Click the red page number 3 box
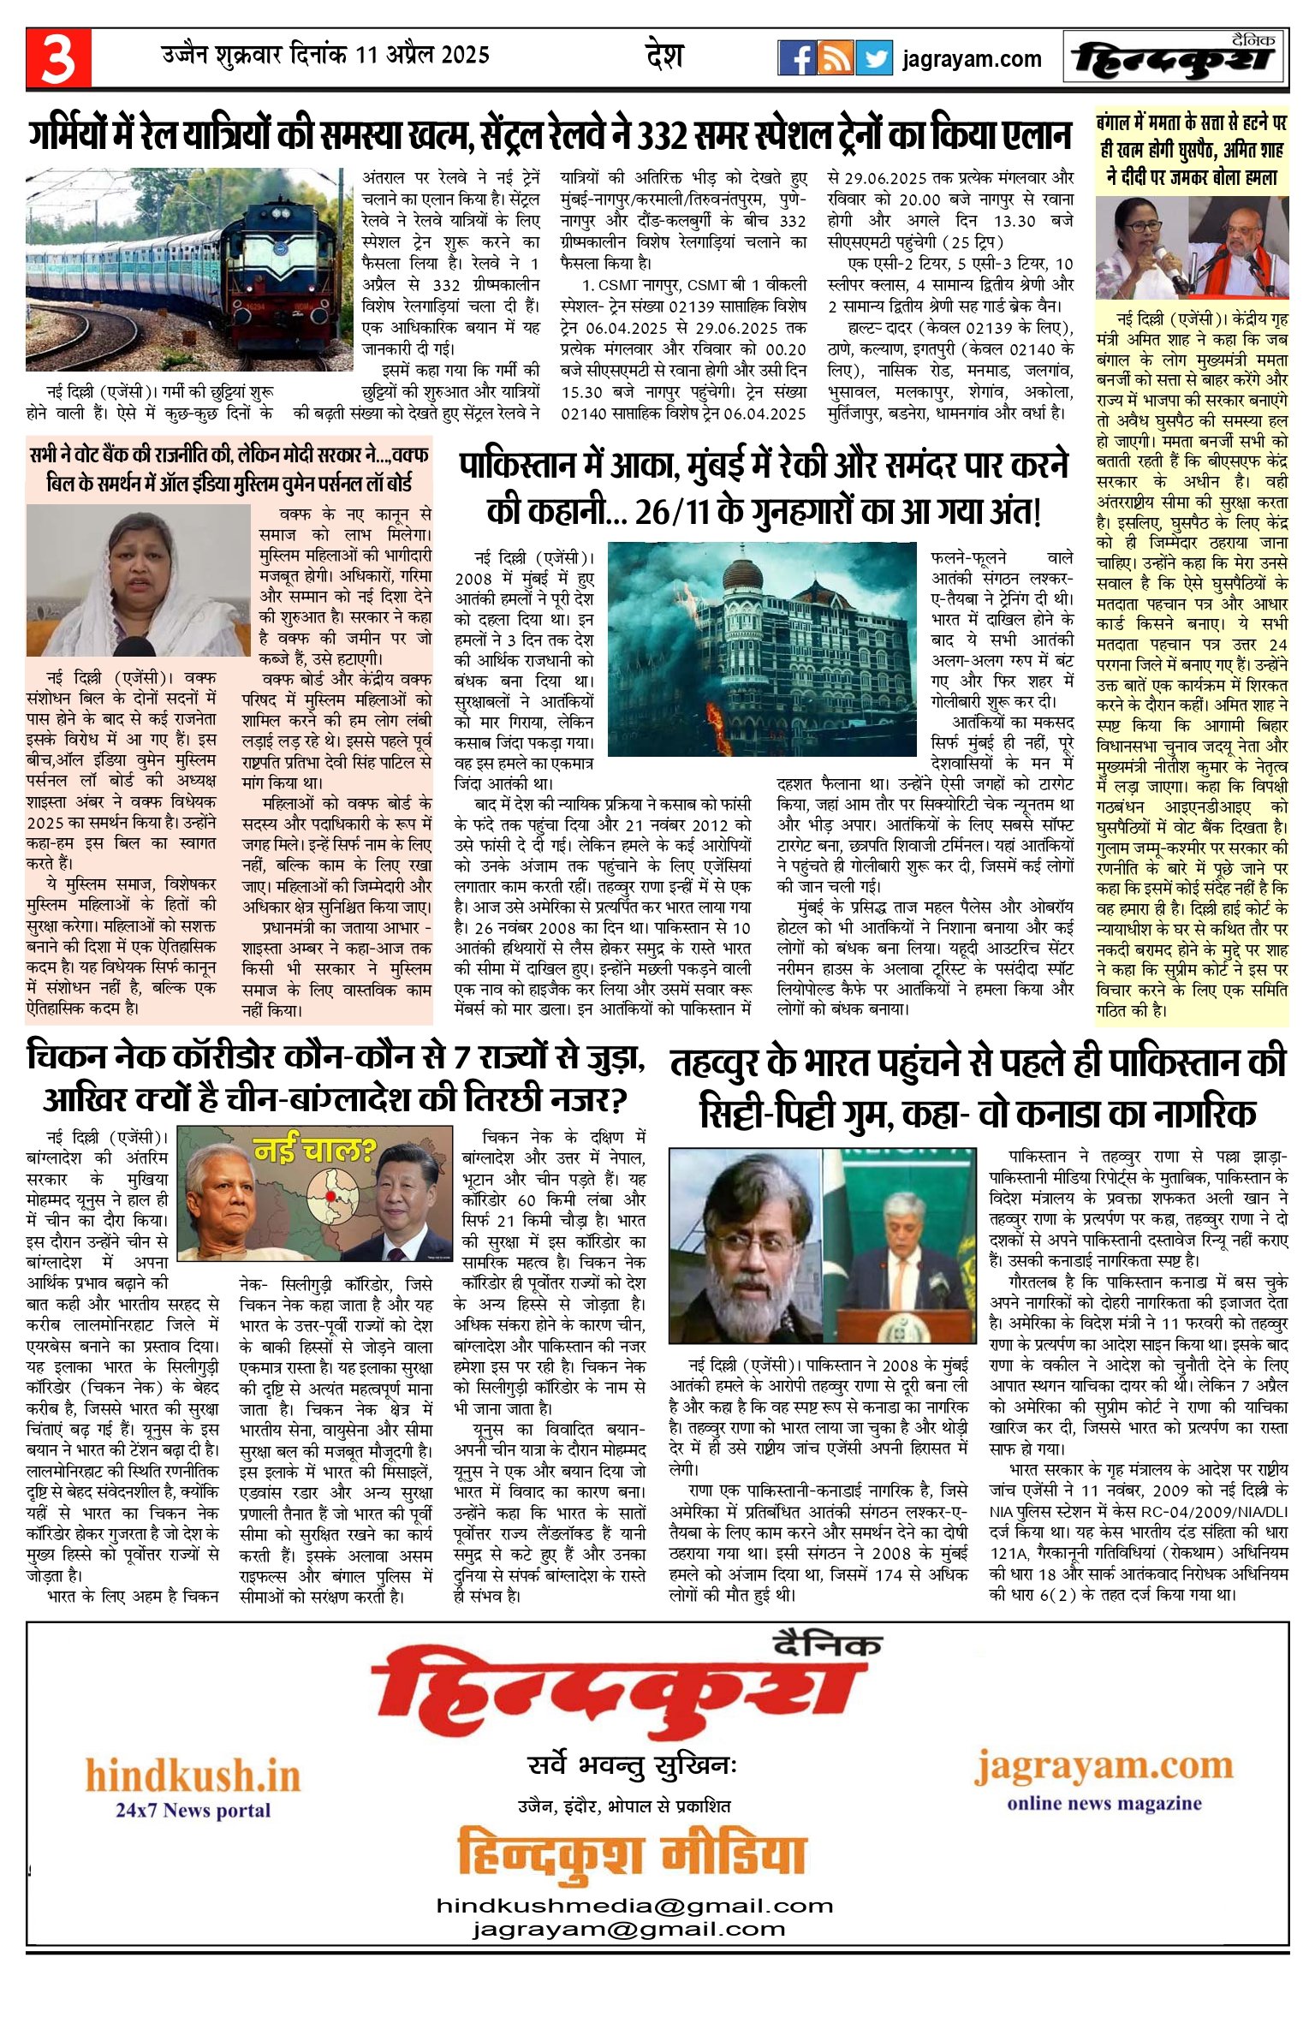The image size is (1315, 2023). tap(58, 57)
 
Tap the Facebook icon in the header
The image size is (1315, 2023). tap(796, 58)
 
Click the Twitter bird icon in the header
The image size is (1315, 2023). tap(874, 58)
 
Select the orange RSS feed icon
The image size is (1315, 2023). tap(835, 58)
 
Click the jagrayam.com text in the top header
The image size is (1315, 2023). tap(972, 59)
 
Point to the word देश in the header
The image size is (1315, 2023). tap(664, 56)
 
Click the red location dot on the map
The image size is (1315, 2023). tap(330, 1196)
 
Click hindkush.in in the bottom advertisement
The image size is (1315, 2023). tap(193, 1776)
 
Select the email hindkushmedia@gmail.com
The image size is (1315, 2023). tap(634, 1906)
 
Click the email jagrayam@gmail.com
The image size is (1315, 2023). tap(628, 1929)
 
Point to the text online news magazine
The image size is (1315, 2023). tap(1104, 1803)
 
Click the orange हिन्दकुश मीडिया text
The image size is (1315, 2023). tap(632, 1853)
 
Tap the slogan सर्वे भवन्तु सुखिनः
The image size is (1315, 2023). tap(632, 1765)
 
